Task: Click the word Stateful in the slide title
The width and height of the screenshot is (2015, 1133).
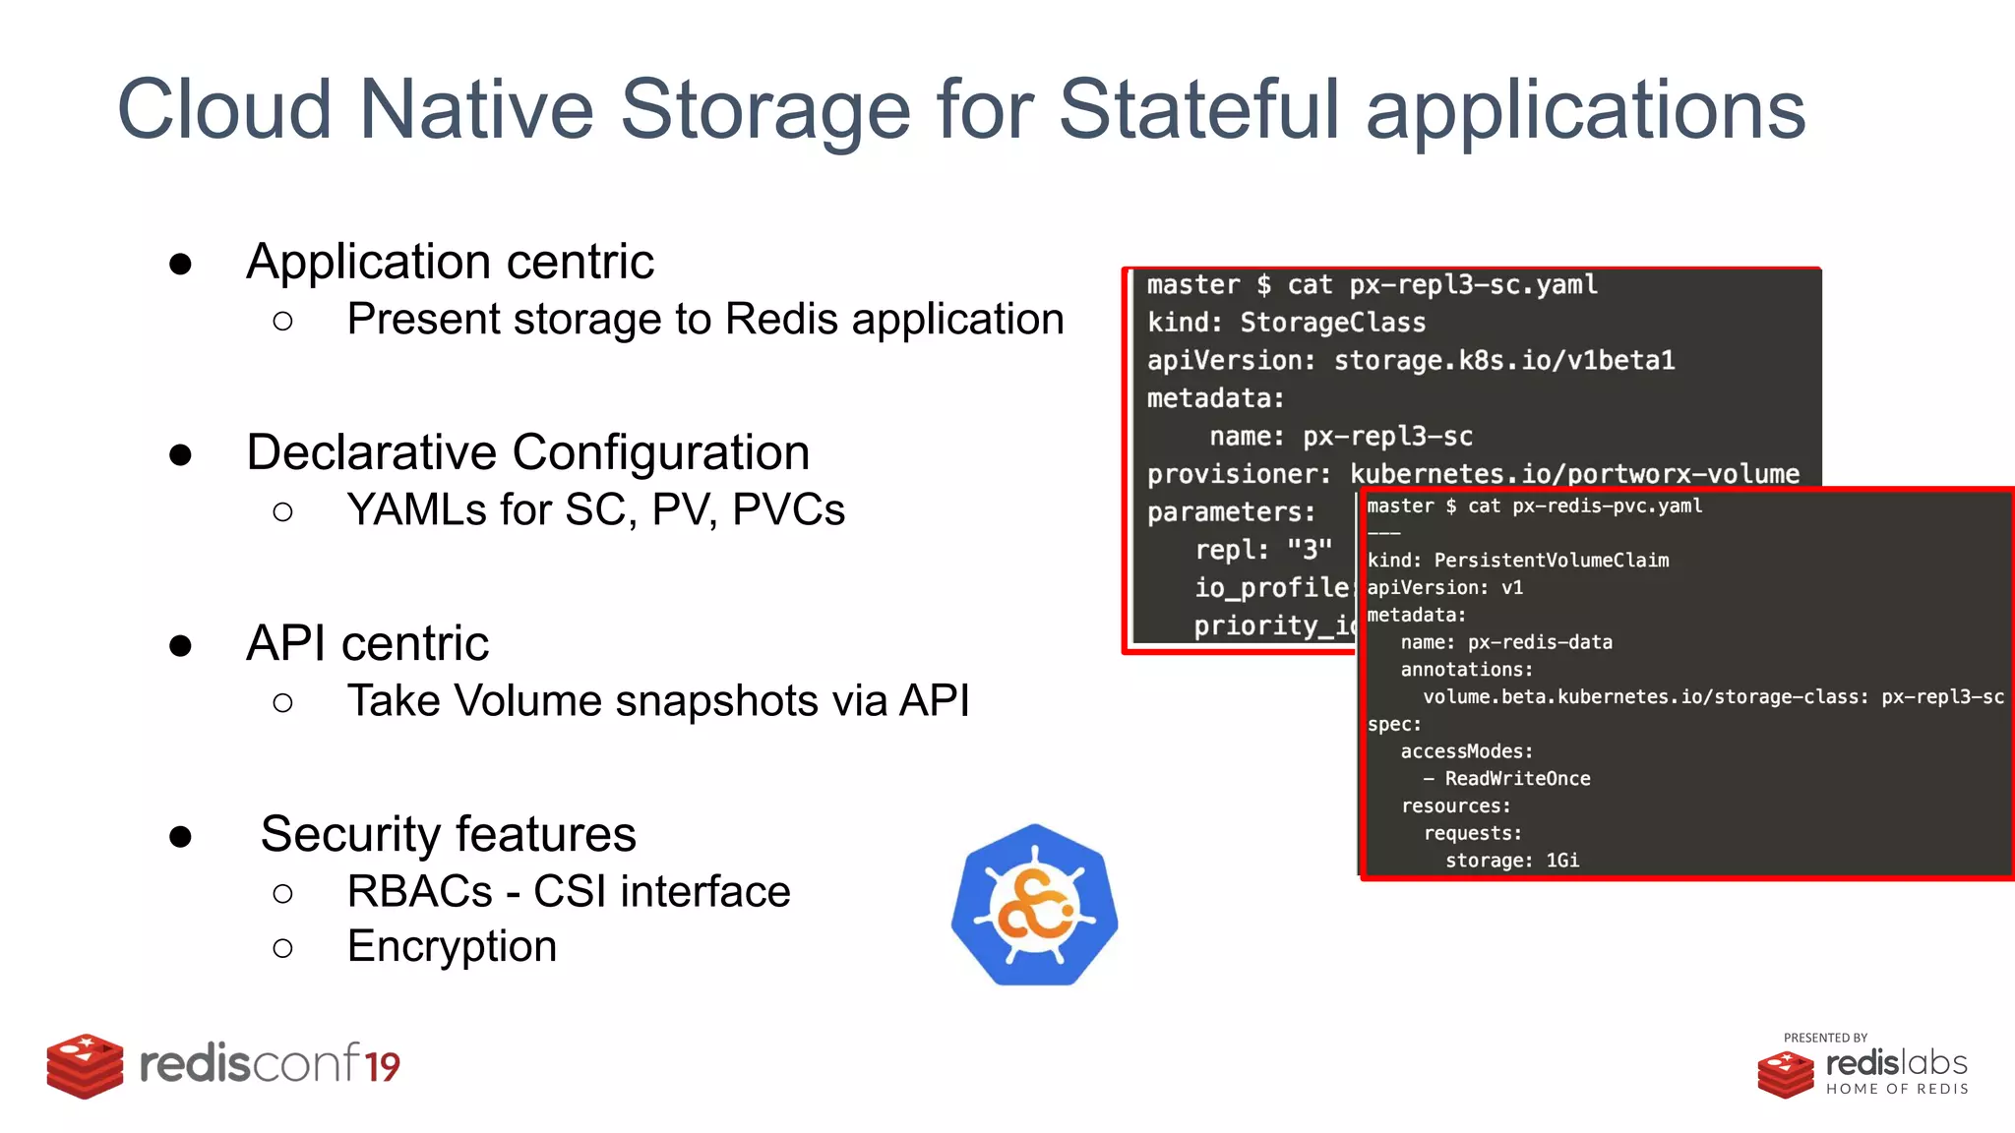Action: coord(1198,108)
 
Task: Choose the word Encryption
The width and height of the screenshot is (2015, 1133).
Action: coord(452,946)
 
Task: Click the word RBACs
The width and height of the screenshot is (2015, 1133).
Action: coord(419,892)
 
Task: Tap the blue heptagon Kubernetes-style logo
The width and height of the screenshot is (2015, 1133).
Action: coord(1034,906)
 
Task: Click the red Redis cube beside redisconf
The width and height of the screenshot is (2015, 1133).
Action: coord(85,1065)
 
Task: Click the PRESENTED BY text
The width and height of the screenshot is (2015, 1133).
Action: coord(1825,1038)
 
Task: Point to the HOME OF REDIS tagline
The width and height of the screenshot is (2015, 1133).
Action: coord(1897,1089)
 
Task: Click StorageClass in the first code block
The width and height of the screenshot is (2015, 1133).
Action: coord(1332,323)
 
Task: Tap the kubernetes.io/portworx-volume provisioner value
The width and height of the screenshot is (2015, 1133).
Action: coord(1574,474)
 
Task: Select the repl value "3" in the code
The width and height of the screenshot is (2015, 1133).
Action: coord(1310,549)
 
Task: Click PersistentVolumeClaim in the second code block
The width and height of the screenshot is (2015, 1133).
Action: coord(1551,561)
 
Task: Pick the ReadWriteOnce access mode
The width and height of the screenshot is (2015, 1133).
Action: coord(1517,779)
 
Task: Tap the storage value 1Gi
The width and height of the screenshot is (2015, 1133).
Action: coord(1562,861)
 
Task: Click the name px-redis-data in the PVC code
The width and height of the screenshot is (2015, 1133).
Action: coord(1540,642)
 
